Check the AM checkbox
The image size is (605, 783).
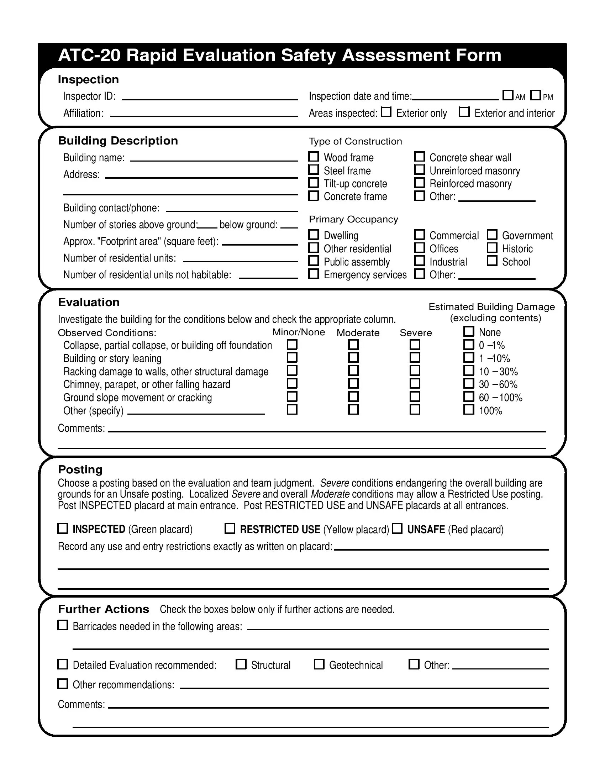coord(507,95)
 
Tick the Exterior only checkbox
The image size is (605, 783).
coord(386,112)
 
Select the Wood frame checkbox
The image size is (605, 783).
coord(314,157)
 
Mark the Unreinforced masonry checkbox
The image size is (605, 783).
coord(419,169)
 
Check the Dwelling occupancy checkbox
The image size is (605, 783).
coord(314,235)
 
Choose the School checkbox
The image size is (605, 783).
coord(492,261)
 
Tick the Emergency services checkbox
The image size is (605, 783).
coord(314,274)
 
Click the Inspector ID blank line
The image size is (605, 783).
coord(210,97)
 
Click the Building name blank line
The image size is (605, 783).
coord(214,158)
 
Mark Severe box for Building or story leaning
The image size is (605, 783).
coord(415,357)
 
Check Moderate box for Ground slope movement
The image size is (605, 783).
coord(353,396)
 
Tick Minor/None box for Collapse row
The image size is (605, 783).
coord(292,345)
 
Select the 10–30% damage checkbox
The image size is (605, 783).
coord(468,371)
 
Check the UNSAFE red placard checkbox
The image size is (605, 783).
coord(397,529)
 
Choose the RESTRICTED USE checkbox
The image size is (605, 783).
coord(230,529)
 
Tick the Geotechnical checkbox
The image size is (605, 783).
coord(319,664)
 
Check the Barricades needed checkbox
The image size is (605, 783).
coord(63,625)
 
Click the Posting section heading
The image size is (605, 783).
coord(80,469)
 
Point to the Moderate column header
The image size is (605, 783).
coord(358,333)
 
